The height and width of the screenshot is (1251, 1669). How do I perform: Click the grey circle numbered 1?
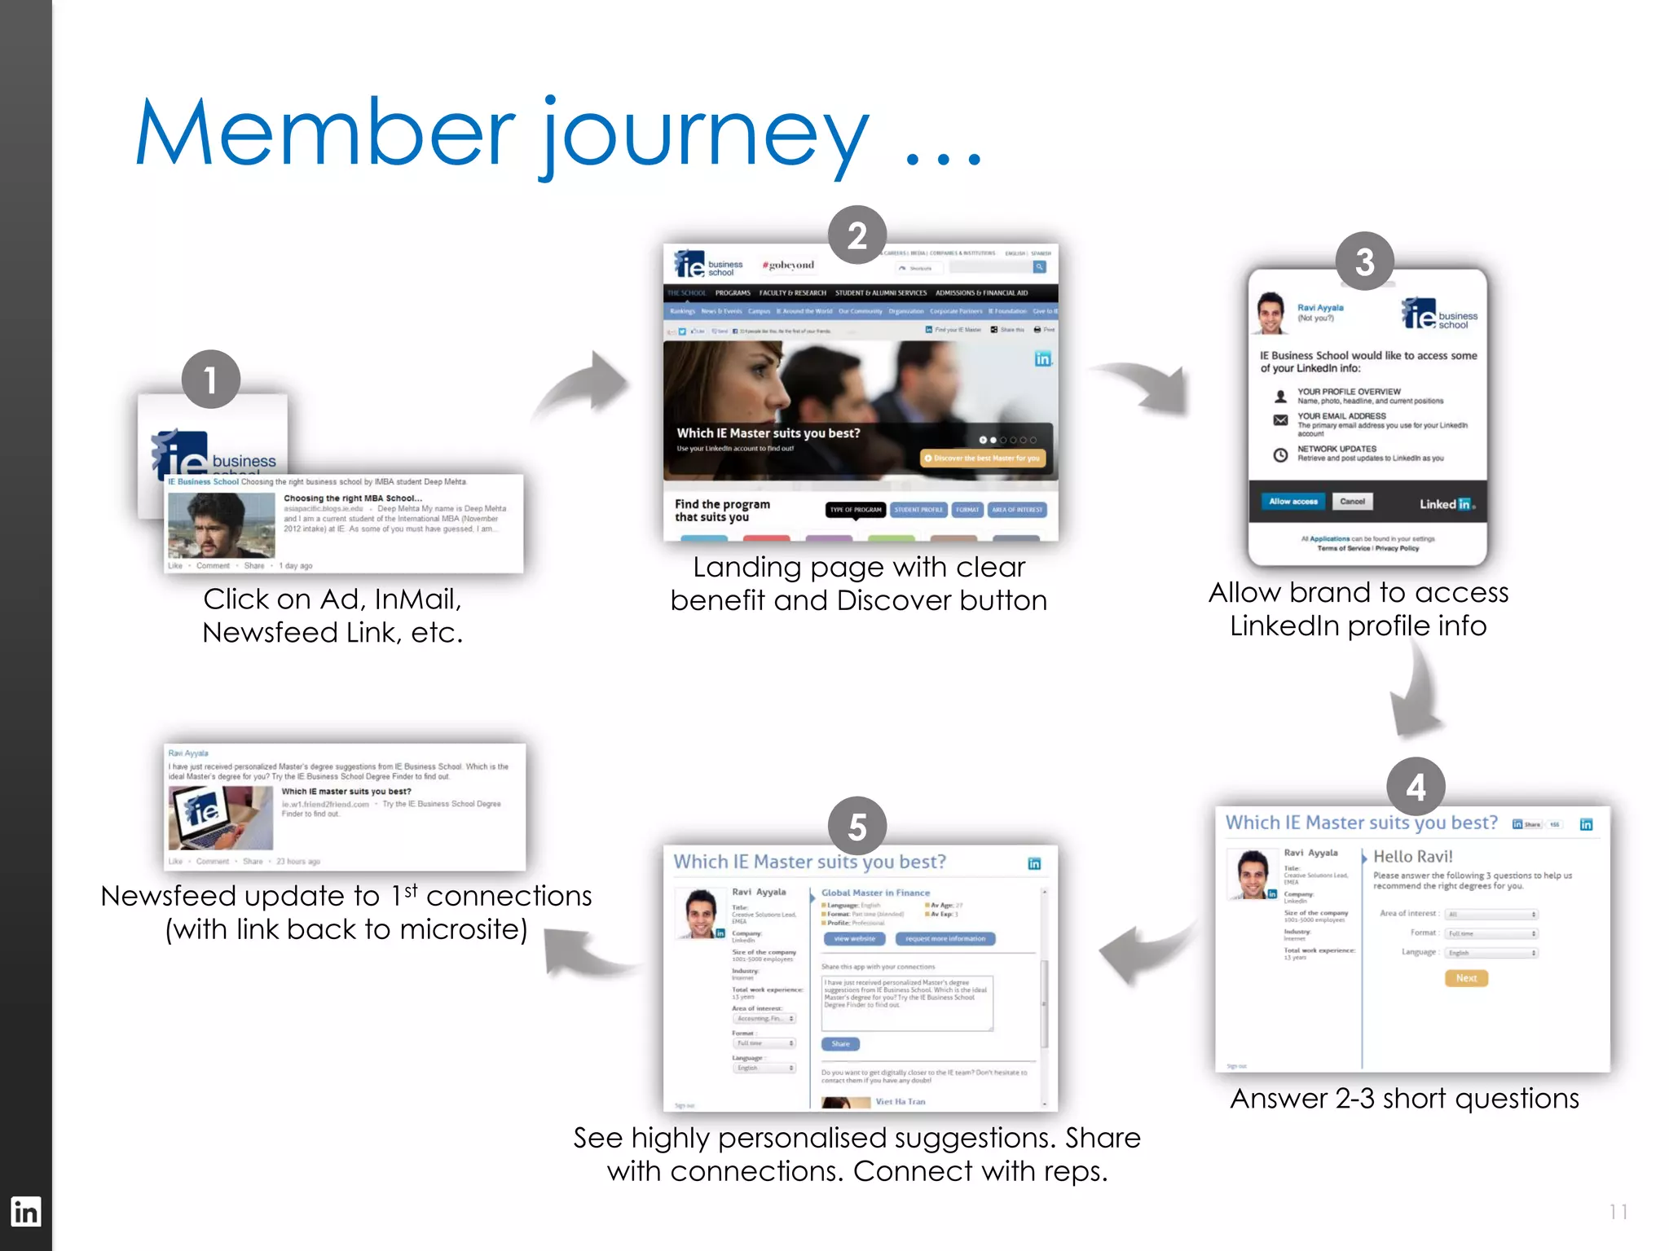pyautogui.click(x=210, y=380)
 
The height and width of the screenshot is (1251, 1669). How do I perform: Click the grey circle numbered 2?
pyautogui.click(x=857, y=236)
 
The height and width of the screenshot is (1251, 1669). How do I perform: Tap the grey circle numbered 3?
pyautogui.click(x=1365, y=261)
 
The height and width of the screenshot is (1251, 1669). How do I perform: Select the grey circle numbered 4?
pyautogui.click(x=1416, y=787)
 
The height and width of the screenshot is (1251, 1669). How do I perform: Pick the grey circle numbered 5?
pyautogui.click(x=857, y=826)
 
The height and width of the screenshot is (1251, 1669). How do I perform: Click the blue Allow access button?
pyautogui.click(x=1293, y=502)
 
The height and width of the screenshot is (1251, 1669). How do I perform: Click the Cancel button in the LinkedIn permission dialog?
pyautogui.click(x=1352, y=502)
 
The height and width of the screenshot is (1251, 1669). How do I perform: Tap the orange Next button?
pyautogui.click(x=1466, y=978)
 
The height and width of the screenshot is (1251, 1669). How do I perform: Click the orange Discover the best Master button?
pyautogui.click(x=983, y=459)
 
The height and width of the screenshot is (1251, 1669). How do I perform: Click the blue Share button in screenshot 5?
pyautogui.click(x=840, y=1044)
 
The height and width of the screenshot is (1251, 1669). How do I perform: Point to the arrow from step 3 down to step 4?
pyautogui.click(x=1418, y=692)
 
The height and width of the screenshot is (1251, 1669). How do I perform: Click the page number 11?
pyautogui.click(x=1618, y=1212)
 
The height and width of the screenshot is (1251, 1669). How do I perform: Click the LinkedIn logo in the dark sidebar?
pyautogui.click(x=25, y=1212)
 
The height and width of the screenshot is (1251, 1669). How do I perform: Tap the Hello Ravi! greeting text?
pyautogui.click(x=1413, y=857)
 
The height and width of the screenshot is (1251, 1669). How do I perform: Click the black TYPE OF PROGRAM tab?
pyautogui.click(x=856, y=510)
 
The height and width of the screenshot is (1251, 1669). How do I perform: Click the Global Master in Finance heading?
pyautogui.click(x=875, y=893)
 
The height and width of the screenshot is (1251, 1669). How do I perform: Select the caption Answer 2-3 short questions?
pyautogui.click(x=1404, y=1099)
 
